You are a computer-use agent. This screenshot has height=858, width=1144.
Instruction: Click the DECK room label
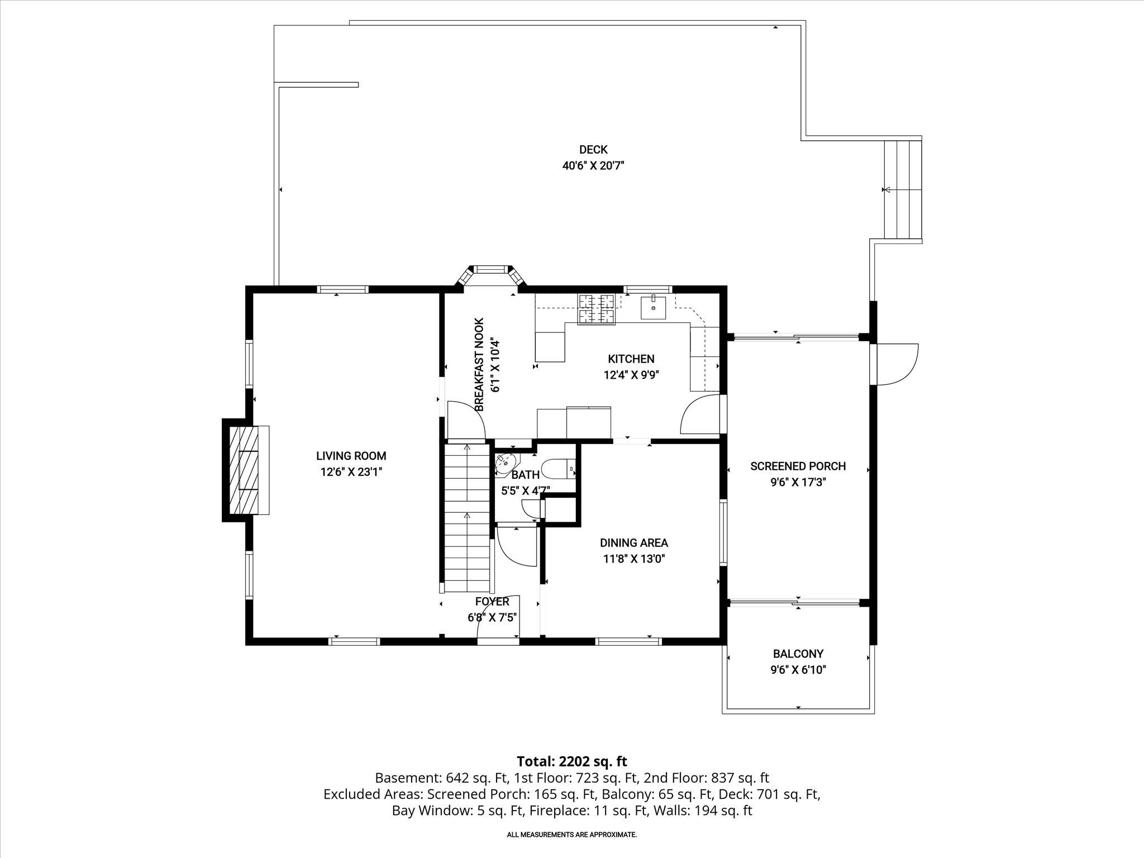[x=593, y=150]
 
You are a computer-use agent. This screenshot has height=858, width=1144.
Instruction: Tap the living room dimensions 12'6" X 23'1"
[x=351, y=472]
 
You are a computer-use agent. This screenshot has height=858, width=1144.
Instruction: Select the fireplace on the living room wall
[x=246, y=470]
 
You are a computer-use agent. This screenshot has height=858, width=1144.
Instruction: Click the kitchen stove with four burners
[x=597, y=309]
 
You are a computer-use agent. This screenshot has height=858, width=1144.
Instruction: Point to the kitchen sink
[x=653, y=307]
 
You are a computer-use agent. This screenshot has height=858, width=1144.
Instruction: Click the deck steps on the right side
[x=902, y=189]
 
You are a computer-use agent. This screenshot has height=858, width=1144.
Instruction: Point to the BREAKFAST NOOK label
[x=479, y=364]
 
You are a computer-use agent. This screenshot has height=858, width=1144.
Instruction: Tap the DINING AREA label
[x=633, y=542]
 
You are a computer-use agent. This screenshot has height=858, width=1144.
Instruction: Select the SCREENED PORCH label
[x=798, y=466]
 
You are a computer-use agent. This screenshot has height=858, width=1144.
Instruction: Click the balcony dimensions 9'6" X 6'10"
[x=798, y=670]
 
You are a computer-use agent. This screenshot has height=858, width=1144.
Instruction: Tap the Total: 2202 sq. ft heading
[x=571, y=761]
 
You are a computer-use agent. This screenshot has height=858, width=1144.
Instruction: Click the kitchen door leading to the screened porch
[x=699, y=414]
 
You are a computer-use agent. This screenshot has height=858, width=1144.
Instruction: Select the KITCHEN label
[x=631, y=359]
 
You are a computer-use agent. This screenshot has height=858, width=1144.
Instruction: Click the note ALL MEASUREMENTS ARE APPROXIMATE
[x=571, y=835]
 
